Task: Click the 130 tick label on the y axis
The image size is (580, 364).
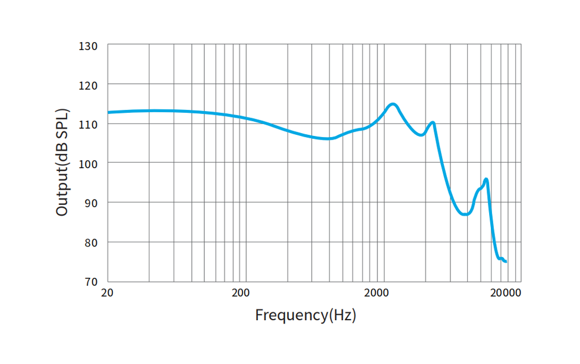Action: coord(89,46)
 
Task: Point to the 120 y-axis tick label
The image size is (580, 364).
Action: coord(89,85)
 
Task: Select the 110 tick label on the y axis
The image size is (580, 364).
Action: coord(89,124)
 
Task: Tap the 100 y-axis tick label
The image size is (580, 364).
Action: coord(89,163)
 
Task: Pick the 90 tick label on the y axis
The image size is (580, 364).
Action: coord(92,202)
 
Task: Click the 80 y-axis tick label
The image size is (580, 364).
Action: coord(92,242)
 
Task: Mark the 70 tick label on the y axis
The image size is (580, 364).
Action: coord(92,281)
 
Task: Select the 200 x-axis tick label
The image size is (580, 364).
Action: coord(241,292)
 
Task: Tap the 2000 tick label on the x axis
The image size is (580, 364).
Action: coord(377,292)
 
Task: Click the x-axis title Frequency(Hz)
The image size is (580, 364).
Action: coord(305,315)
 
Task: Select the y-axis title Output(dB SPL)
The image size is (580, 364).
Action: coord(62,163)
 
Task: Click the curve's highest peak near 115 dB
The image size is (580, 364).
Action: coord(392,105)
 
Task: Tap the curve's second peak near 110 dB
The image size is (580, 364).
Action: coord(433,123)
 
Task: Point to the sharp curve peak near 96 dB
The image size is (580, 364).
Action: coord(486,179)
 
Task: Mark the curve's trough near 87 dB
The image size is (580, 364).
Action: coord(465,214)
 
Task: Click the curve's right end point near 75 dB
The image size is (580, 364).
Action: coord(505,261)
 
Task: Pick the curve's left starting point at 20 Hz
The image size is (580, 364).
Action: coord(108,112)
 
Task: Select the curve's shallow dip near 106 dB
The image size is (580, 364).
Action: coord(328,138)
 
